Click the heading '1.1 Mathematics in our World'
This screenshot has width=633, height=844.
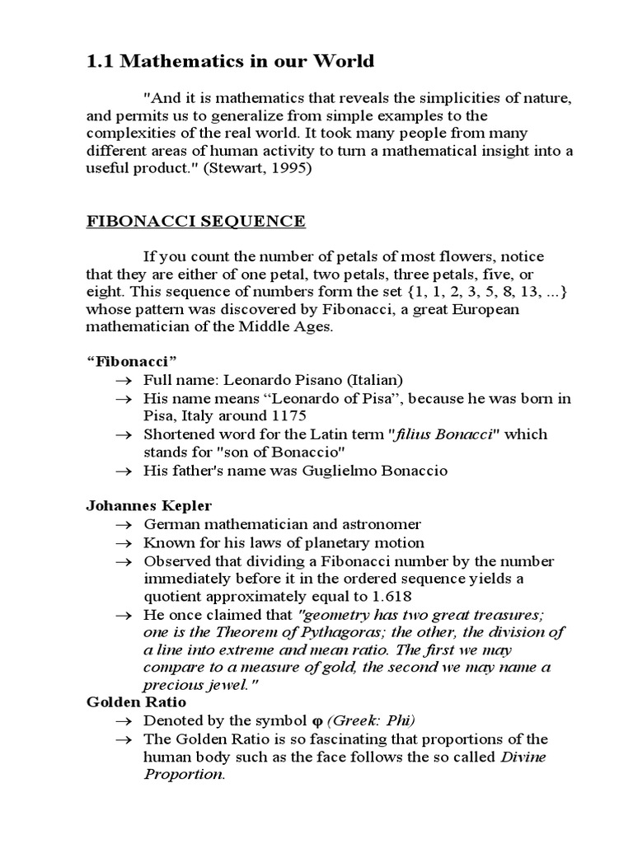(230, 61)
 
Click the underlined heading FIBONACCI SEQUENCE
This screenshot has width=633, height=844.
(196, 221)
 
